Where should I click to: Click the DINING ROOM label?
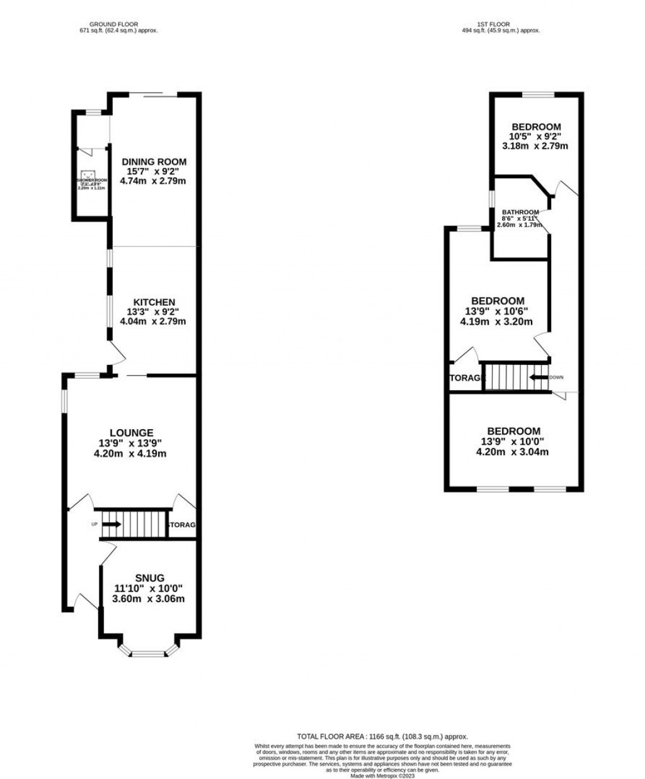coord(154,162)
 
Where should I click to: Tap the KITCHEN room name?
coord(154,302)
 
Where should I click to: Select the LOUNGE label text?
coord(131,432)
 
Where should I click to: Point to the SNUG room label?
coord(149,578)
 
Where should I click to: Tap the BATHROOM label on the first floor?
coord(520,212)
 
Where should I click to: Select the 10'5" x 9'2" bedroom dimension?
coord(535,136)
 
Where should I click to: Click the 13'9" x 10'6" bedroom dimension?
coord(498,311)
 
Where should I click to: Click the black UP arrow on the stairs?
coord(111,524)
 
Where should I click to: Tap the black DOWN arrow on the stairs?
coord(539,378)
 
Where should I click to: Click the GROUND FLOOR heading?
coord(113,25)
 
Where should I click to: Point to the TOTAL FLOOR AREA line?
coord(382,736)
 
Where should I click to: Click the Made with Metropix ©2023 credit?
coord(382,776)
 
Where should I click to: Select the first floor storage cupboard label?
coord(467,378)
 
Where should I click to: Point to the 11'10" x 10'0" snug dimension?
coord(149,588)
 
